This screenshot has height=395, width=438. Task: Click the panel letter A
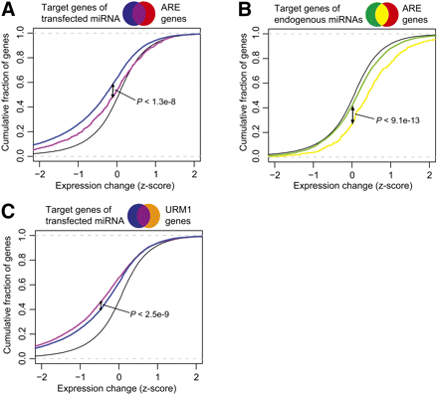(x=9, y=9)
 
